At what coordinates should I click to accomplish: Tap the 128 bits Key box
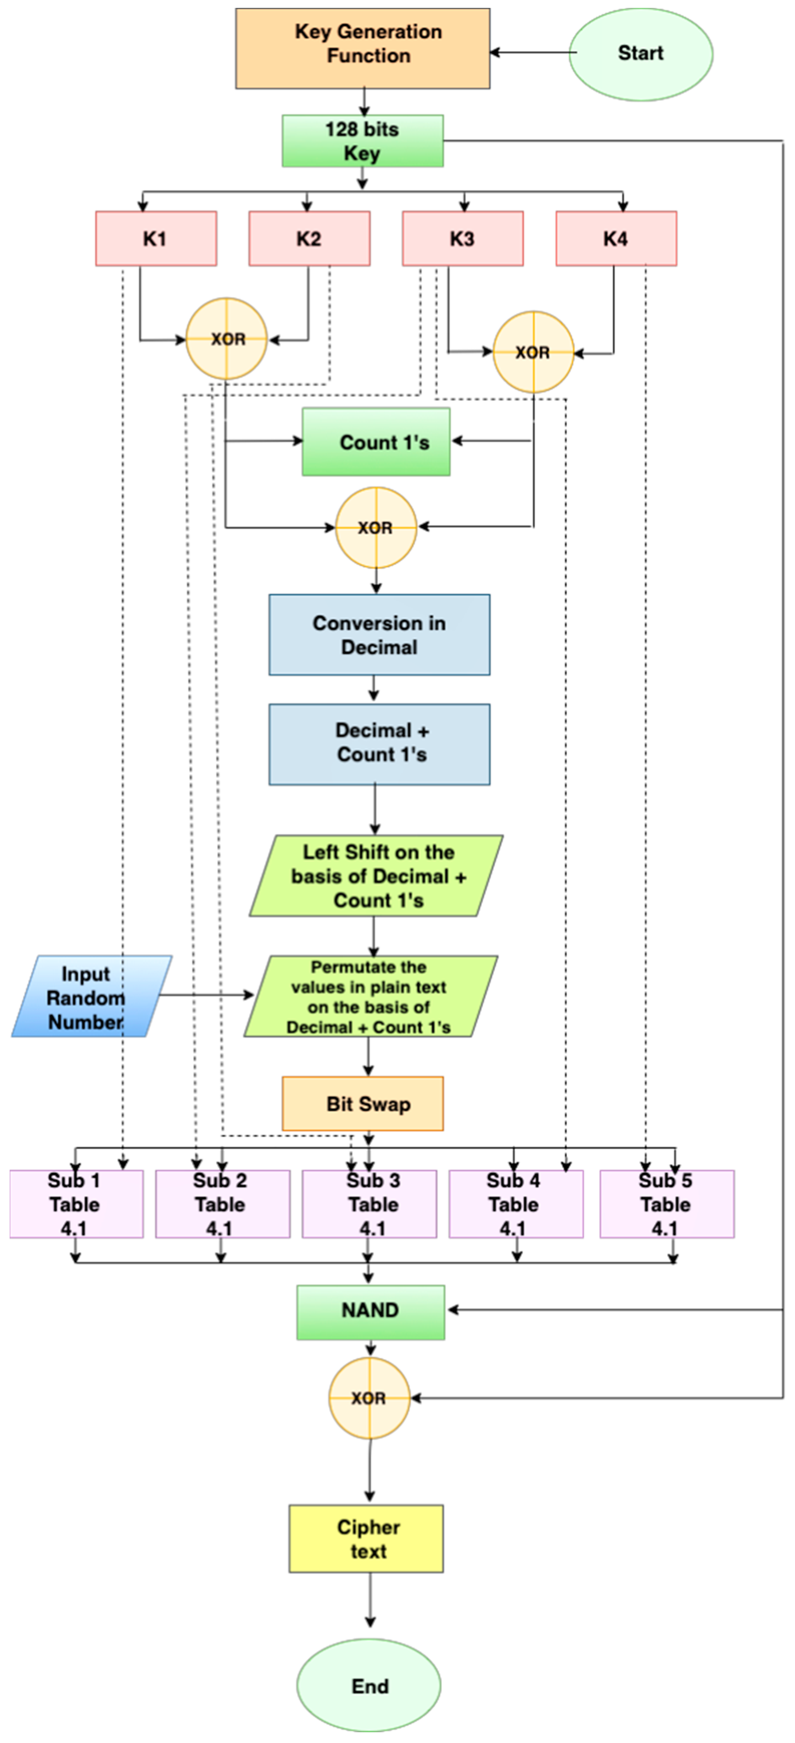pyautogui.click(x=363, y=141)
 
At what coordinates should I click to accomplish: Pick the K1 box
pyautogui.click(x=156, y=238)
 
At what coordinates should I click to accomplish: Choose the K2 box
pyautogui.click(x=309, y=238)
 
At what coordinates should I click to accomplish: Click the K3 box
pyautogui.click(x=463, y=238)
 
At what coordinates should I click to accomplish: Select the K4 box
pyautogui.click(x=616, y=238)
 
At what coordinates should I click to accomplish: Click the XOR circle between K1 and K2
pyautogui.click(x=227, y=338)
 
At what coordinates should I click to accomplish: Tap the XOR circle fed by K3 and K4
pyautogui.click(x=533, y=352)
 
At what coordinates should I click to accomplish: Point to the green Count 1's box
pyautogui.click(x=376, y=442)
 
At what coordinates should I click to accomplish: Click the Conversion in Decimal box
pyautogui.click(x=379, y=635)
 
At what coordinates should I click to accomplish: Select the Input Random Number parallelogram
pyautogui.click(x=91, y=996)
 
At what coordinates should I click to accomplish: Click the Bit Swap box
pyautogui.click(x=363, y=1103)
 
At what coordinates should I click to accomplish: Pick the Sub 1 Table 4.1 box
pyautogui.click(x=76, y=1204)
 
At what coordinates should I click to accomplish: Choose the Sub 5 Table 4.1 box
pyautogui.click(x=667, y=1204)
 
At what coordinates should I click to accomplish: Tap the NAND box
pyautogui.click(x=370, y=1311)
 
